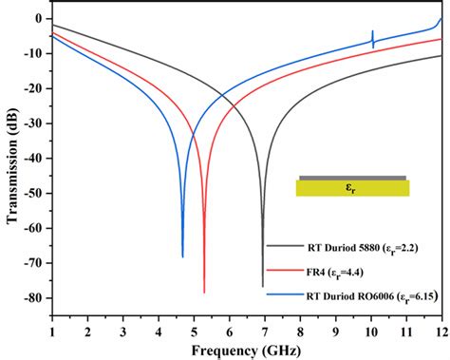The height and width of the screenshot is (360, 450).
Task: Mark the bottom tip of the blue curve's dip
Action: point(183,256)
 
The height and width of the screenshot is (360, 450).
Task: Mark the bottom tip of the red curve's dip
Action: point(204,292)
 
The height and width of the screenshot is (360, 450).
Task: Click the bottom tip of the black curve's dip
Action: point(263,286)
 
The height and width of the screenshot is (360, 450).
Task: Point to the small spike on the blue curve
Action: point(372,39)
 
